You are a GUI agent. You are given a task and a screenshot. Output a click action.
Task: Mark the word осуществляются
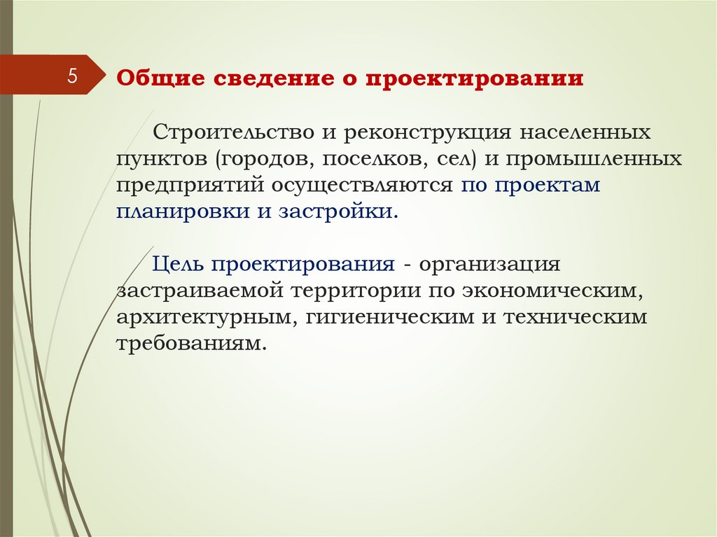tap(362, 186)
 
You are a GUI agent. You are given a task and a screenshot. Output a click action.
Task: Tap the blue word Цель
tap(178, 265)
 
